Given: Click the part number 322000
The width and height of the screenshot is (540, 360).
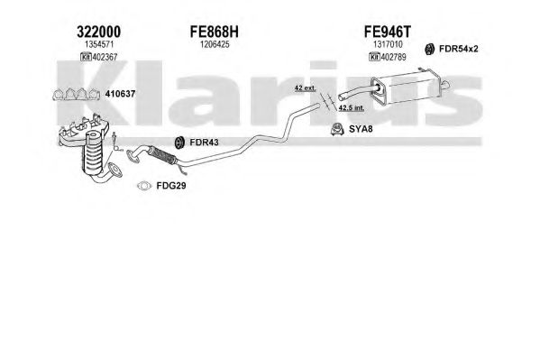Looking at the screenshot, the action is [99, 32].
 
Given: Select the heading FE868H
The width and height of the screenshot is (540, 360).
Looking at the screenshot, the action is [215, 32].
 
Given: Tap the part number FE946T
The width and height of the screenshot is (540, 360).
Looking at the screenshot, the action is [388, 32].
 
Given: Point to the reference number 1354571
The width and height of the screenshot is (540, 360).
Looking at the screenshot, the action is [99, 44].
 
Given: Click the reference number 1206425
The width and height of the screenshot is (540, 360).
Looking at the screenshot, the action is [215, 44].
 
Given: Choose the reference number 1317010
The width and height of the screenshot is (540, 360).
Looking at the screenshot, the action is [388, 44].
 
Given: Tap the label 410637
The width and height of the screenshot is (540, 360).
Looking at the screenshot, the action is [120, 94].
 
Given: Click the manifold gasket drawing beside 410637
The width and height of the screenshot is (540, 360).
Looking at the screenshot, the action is [76, 94].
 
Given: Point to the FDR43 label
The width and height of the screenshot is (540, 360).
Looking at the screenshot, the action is [204, 142].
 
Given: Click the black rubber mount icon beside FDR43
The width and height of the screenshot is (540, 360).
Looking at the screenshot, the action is [179, 143].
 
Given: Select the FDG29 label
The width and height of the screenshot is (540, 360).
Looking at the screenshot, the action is [171, 186].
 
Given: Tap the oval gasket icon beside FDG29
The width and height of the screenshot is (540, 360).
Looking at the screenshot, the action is [144, 186].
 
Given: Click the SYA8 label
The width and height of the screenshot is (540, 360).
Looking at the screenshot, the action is [361, 129].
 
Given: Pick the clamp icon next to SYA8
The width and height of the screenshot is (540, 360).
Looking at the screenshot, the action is [337, 129].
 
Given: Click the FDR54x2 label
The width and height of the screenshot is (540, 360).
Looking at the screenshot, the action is [458, 49].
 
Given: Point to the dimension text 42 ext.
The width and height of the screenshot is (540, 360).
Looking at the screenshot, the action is [305, 88].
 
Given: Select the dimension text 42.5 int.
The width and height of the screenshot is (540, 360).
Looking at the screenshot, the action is [351, 108].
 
